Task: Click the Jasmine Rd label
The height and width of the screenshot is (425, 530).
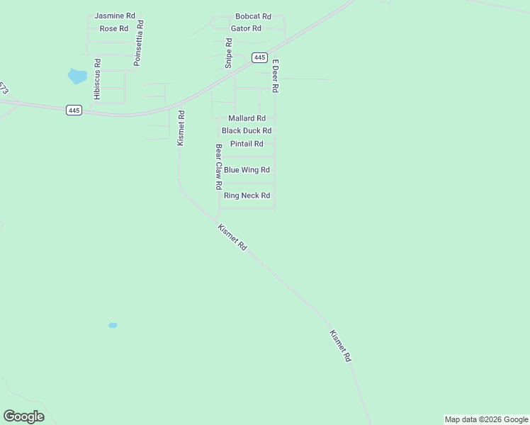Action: click(x=115, y=15)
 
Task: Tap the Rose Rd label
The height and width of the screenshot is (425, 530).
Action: click(x=113, y=28)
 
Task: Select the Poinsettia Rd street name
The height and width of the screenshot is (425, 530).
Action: click(x=138, y=43)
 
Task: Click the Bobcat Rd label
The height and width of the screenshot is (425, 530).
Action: click(x=253, y=16)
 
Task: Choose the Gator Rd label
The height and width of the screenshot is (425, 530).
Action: click(x=246, y=28)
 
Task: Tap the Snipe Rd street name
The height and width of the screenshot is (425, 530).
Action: click(x=229, y=52)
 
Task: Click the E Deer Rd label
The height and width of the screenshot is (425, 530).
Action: click(x=276, y=76)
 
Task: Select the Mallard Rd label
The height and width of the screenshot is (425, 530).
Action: click(x=247, y=118)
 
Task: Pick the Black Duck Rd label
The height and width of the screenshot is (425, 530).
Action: click(x=247, y=131)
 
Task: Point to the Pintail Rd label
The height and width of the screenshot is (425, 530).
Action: click(x=246, y=144)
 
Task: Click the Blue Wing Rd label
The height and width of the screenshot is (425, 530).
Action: click(x=247, y=170)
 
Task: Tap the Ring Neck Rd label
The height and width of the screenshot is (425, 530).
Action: click(x=247, y=195)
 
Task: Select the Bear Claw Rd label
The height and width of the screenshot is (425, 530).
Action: click(x=219, y=167)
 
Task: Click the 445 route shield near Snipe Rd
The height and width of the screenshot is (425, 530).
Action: click(x=259, y=57)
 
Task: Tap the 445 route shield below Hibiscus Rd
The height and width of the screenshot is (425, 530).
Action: click(x=75, y=110)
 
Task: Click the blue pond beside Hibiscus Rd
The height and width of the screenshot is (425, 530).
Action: click(x=77, y=76)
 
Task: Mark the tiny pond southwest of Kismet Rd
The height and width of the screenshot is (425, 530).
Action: click(x=112, y=325)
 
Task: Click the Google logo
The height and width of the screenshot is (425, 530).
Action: click(x=23, y=416)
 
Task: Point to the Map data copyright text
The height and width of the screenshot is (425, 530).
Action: click(x=487, y=419)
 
